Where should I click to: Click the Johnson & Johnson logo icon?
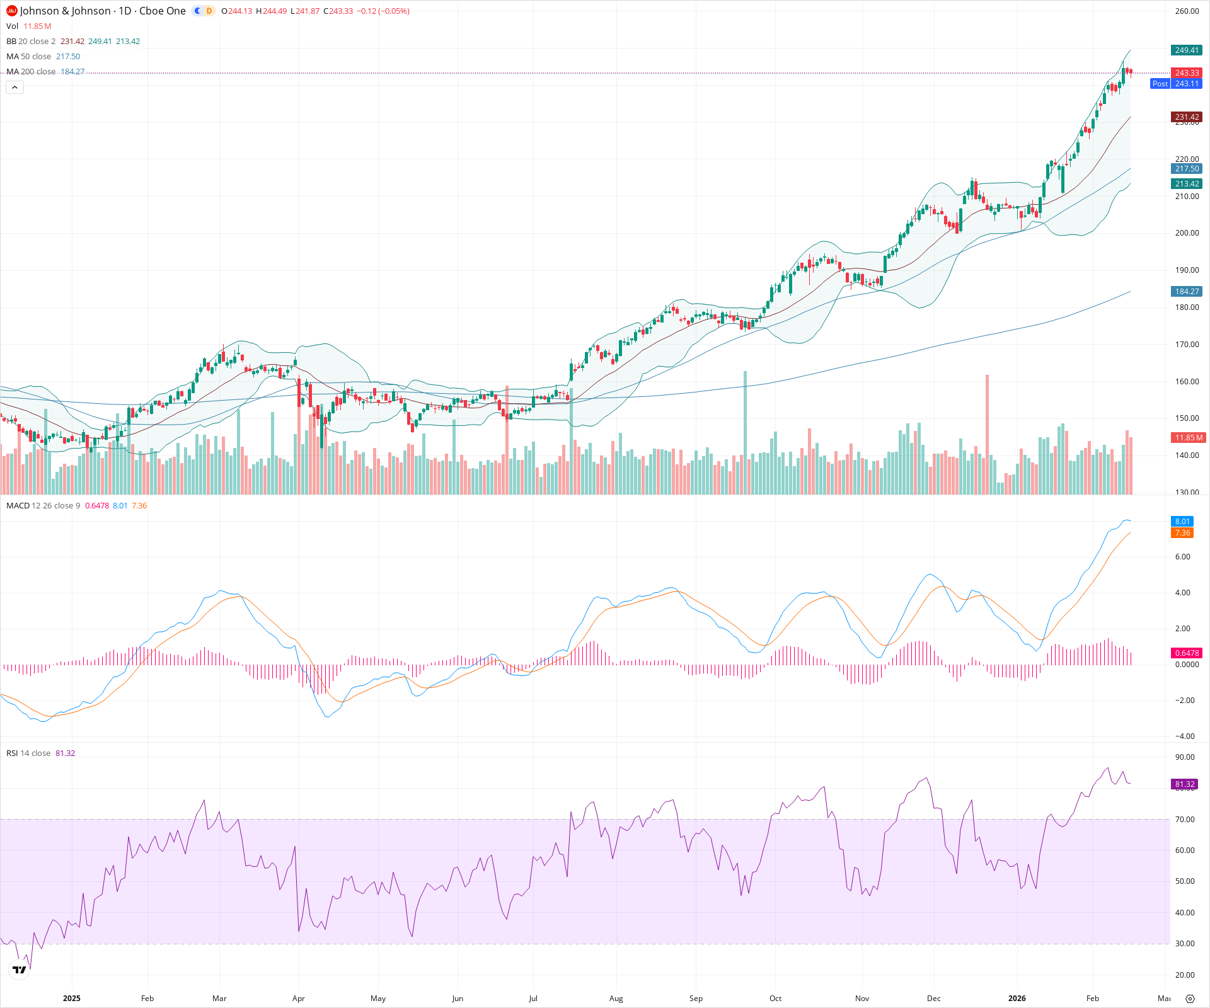(x=11, y=11)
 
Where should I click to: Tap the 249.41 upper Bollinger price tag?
(x=1186, y=50)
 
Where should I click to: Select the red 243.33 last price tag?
(x=1186, y=73)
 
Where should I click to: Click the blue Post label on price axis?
(x=1160, y=84)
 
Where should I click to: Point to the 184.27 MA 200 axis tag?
(x=1186, y=292)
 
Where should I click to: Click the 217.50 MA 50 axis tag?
(x=1186, y=169)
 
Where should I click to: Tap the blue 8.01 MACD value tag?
(x=1182, y=522)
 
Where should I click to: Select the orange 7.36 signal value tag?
(x=1182, y=533)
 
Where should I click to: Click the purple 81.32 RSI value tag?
(x=1185, y=784)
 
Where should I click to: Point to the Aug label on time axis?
(x=616, y=999)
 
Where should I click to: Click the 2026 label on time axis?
(x=1017, y=999)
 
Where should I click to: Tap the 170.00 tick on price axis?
(x=1187, y=345)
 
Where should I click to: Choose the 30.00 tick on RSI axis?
(x=1185, y=944)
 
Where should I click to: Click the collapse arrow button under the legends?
(x=14, y=88)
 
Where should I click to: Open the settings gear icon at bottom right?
(x=1190, y=999)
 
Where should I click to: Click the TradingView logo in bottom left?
(x=20, y=970)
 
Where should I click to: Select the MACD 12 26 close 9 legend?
(x=43, y=506)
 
